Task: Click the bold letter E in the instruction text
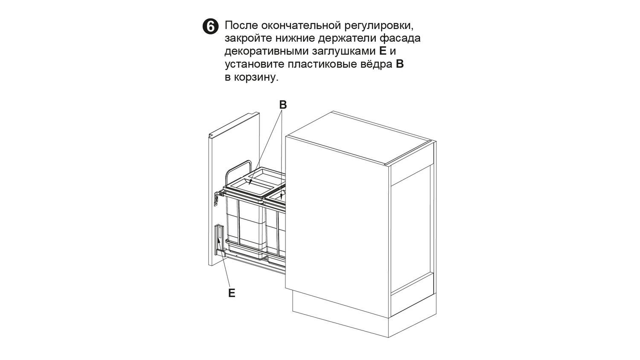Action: tap(383, 51)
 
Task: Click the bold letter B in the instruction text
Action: tap(400, 64)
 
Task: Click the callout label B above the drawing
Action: tap(282, 105)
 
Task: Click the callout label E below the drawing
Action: tap(232, 293)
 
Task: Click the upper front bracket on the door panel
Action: tap(217, 198)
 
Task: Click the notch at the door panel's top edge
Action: tap(211, 136)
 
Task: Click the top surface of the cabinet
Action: tap(361, 137)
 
